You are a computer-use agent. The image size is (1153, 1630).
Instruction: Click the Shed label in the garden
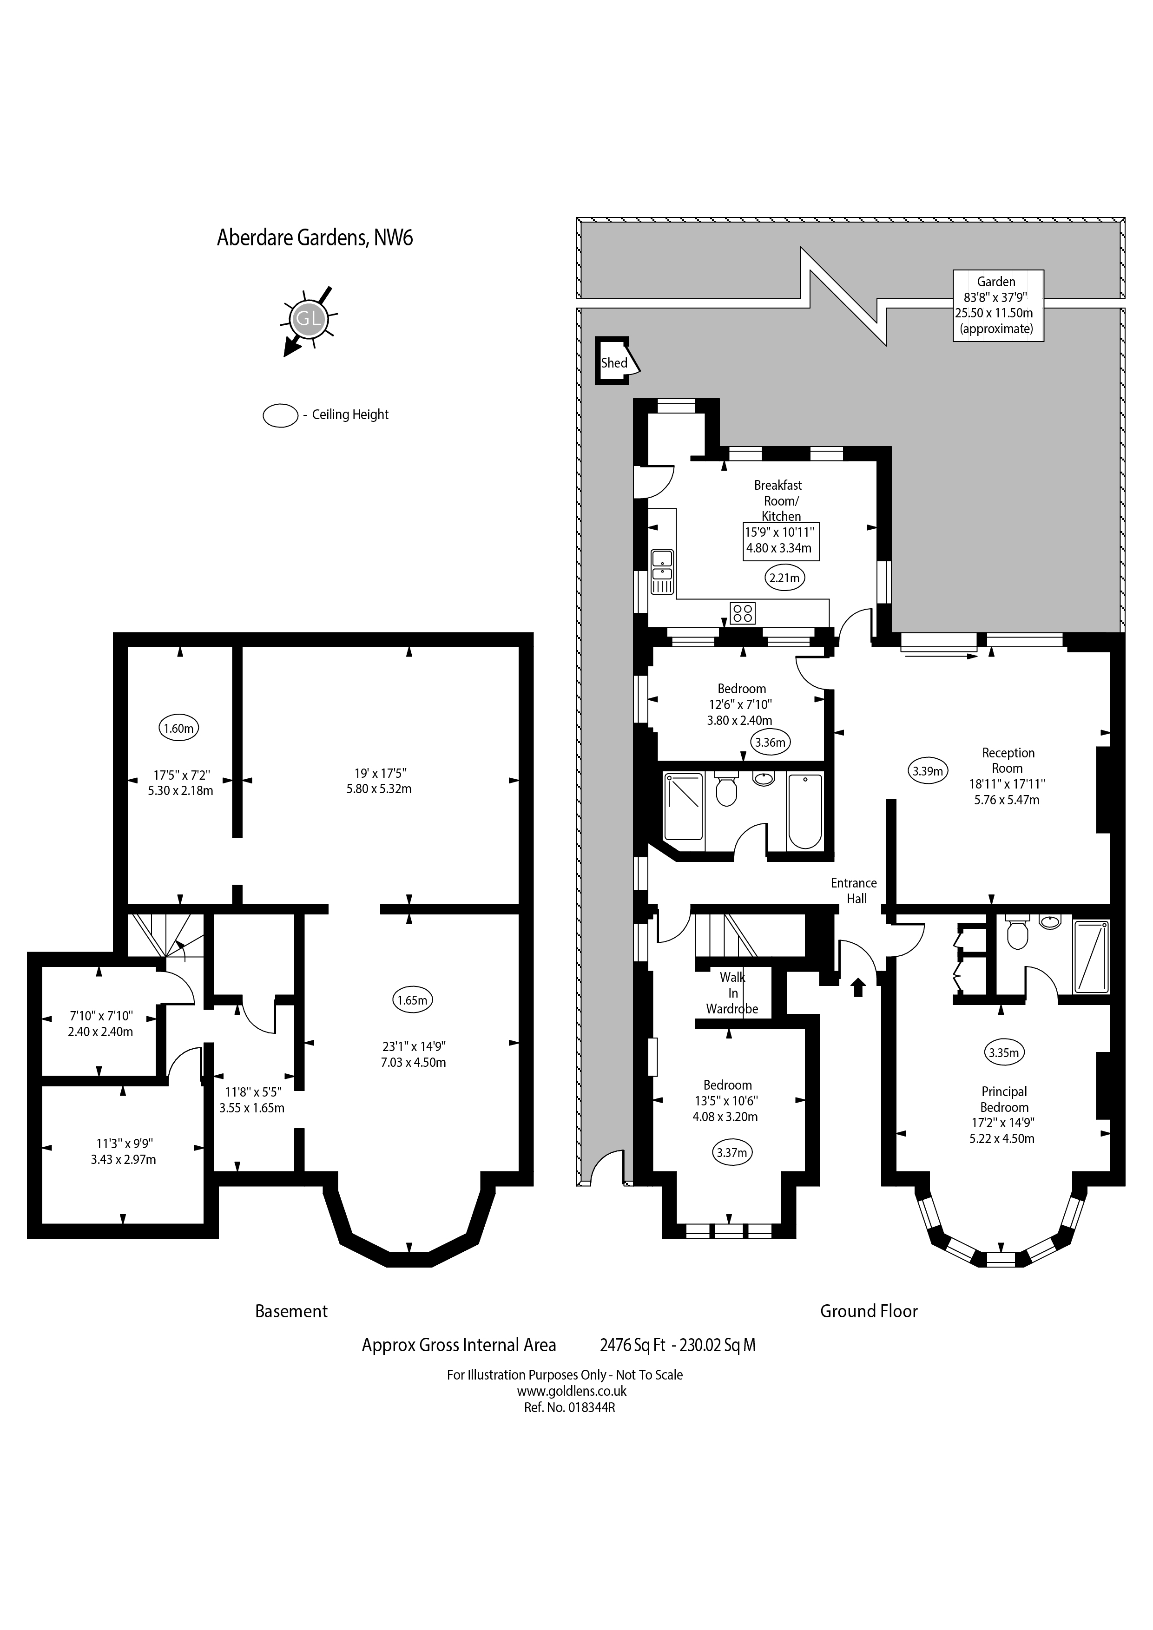click(x=614, y=363)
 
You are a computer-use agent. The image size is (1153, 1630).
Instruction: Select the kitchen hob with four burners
click(x=743, y=613)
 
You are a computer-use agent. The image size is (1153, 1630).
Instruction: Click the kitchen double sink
click(x=662, y=572)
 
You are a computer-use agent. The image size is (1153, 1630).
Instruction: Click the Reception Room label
click(x=1008, y=760)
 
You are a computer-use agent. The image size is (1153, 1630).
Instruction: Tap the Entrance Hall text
click(x=854, y=890)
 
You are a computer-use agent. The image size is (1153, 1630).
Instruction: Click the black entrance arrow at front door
click(x=857, y=987)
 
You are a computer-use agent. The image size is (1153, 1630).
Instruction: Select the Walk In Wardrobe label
click(x=732, y=993)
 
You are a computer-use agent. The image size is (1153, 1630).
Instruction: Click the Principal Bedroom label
click(x=1004, y=1099)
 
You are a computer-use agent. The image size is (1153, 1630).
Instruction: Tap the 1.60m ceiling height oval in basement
click(x=179, y=728)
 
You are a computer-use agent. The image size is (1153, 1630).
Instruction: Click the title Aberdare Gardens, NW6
click(x=315, y=237)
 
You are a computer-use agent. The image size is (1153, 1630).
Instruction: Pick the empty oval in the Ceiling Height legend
click(x=280, y=415)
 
